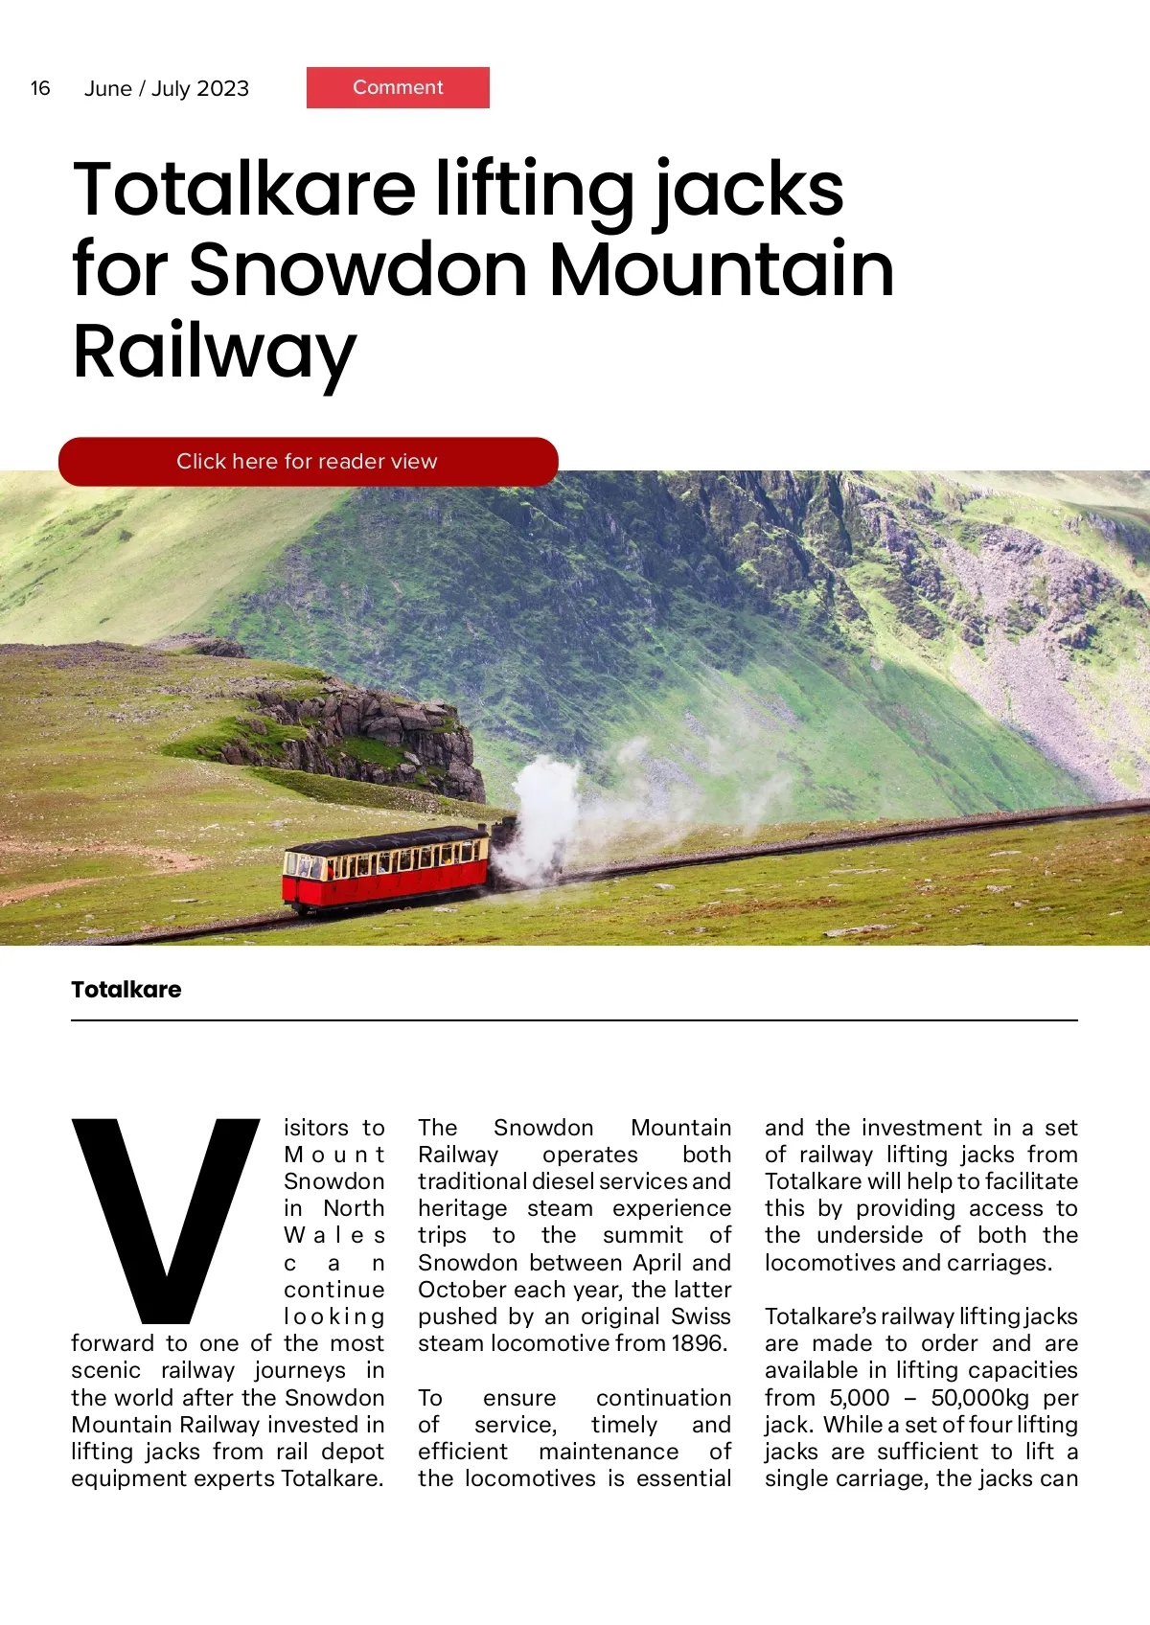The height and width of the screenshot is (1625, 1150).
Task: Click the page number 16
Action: click(40, 88)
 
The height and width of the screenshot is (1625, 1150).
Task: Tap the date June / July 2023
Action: click(167, 89)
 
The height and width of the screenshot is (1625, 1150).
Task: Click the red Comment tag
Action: click(398, 87)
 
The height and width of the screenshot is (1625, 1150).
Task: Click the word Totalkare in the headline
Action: click(244, 190)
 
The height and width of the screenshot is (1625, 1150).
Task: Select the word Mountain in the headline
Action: click(721, 270)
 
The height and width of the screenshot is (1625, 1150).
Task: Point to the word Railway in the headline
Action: click(214, 352)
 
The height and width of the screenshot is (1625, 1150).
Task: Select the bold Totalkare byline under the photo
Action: click(126, 990)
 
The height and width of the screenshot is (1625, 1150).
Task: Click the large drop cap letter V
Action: click(165, 1217)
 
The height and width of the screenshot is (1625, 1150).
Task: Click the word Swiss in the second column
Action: click(701, 1316)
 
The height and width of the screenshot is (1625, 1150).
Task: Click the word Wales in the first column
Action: click(334, 1236)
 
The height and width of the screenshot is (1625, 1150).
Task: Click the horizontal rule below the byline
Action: click(574, 1020)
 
